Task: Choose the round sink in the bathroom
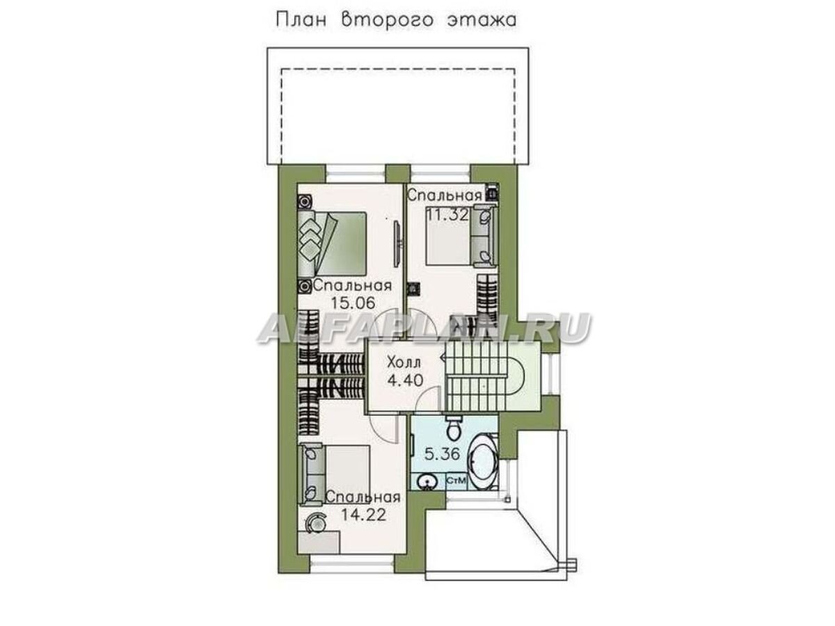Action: click(x=426, y=481)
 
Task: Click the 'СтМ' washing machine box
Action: click(x=455, y=481)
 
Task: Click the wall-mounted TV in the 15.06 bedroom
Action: click(x=397, y=243)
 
